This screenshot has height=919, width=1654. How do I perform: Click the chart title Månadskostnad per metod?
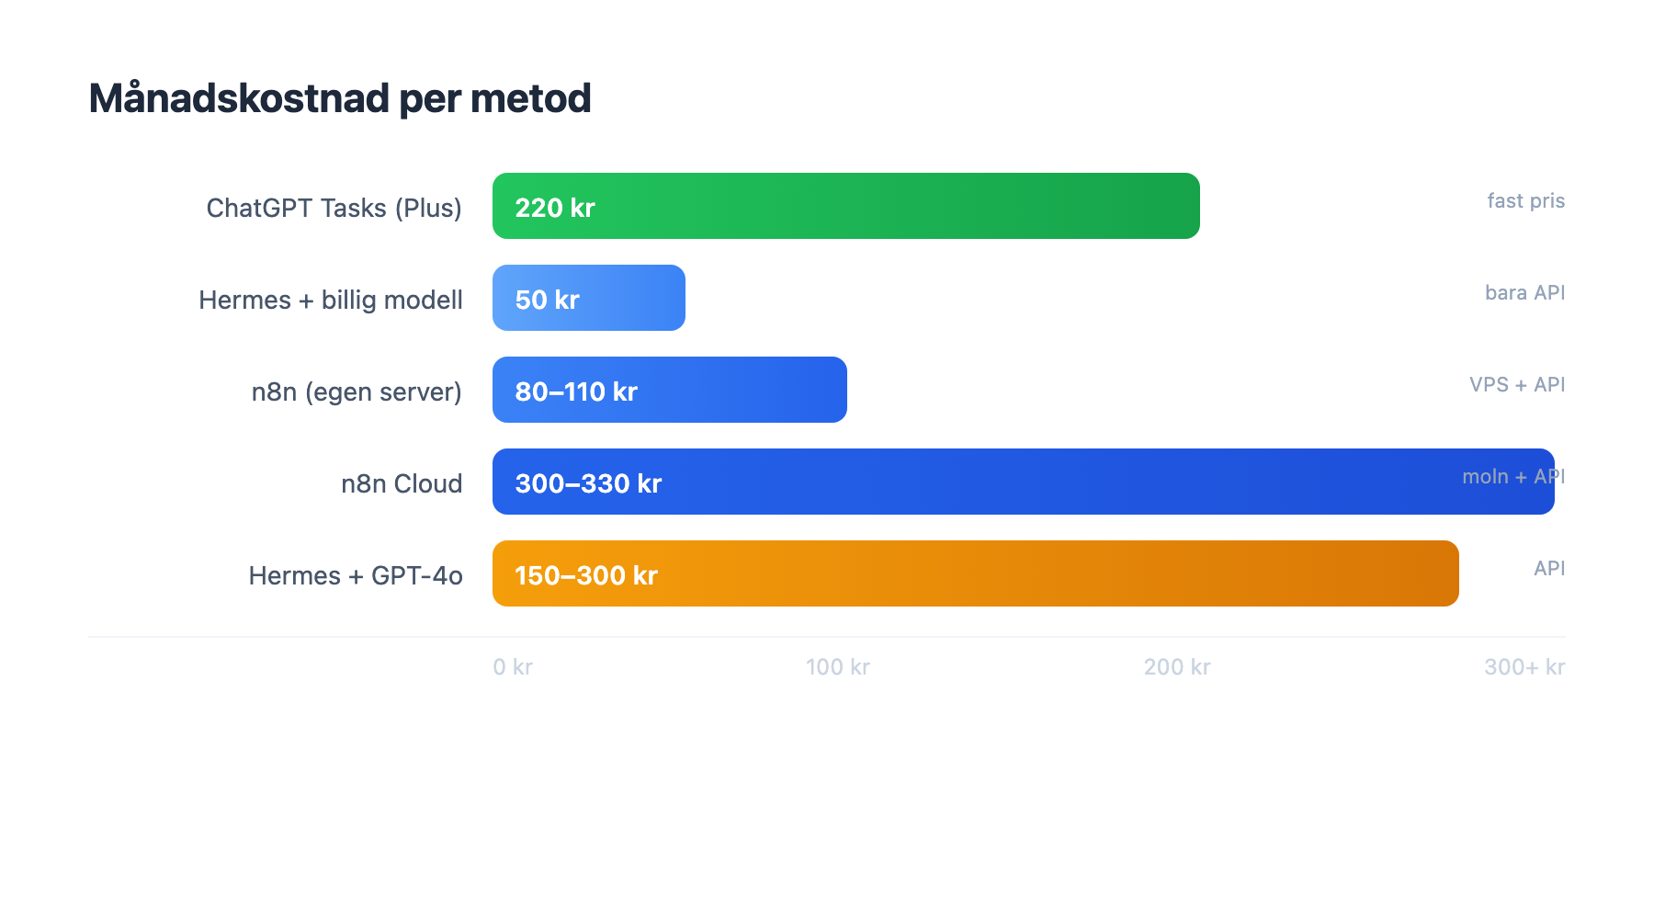[x=340, y=98]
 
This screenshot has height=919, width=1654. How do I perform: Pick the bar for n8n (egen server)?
[x=735, y=390]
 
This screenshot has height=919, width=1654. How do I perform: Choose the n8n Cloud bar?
[x=1011, y=482]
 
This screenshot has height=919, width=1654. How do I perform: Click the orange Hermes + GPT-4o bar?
[x=1011, y=573]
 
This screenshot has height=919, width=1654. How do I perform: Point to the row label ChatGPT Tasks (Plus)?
[x=334, y=208]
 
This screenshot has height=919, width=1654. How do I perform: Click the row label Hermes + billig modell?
[x=330, y=300]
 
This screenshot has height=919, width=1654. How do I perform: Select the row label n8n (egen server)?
[x=357, y=391]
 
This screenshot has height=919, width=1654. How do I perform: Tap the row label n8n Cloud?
[x=402, y=483]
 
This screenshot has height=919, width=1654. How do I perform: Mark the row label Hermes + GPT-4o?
[x=356, y=575]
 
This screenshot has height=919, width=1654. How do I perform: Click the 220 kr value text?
[x=555, y=208]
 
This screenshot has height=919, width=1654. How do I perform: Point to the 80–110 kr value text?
[x=576, y=391]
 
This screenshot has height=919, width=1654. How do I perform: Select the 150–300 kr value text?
[x=586, y=575]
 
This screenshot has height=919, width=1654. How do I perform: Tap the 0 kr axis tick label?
[x=513, y=667]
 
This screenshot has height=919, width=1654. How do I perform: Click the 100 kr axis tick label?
[x=837, y=667]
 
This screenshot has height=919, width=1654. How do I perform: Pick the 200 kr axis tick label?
[x=1177, y=667]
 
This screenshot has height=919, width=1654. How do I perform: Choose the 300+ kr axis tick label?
[x=1524, y=667]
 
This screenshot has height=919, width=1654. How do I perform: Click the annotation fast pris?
[x=1525, y=200]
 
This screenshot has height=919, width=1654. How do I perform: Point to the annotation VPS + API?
[x=1517, y=384]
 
